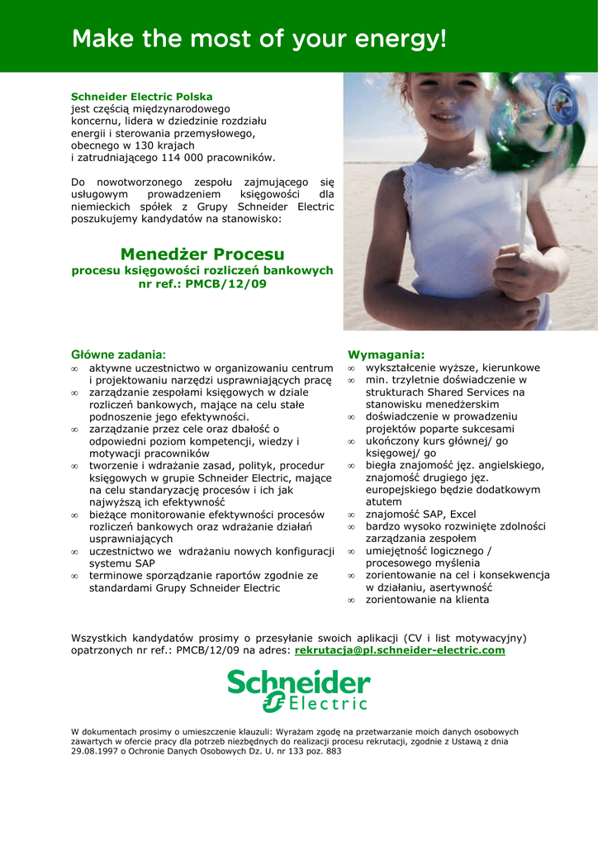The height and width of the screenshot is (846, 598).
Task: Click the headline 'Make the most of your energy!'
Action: [259, 39]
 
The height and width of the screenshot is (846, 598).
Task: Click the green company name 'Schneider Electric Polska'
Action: [141, 97]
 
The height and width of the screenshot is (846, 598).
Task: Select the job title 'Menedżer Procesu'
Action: [202, 254]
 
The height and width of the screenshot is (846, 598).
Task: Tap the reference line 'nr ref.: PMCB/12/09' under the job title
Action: [202, 283]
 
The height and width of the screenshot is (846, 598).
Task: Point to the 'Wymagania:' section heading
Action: [386, 354]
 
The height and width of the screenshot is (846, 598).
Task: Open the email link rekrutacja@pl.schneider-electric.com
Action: [399, 650]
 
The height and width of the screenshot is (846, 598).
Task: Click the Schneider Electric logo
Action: [299, 691]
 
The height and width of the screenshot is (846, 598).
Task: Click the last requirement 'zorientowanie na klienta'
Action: [427, 600]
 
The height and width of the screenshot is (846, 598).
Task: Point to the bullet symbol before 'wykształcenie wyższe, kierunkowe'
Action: [351, 368]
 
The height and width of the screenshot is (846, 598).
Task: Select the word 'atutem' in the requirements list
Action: [384, 501]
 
